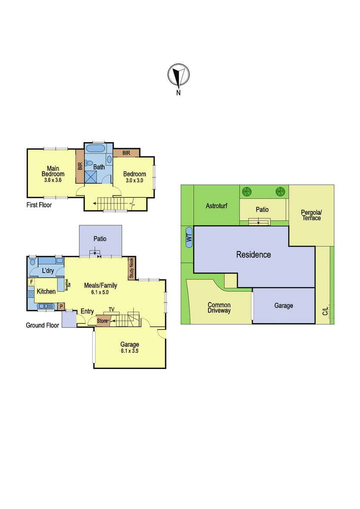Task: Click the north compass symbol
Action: [179, 75]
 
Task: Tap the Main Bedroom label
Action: [53, 171]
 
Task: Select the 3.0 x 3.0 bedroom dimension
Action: [135, 181]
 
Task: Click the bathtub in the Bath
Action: [96, 148]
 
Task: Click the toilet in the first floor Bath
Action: [88, 163]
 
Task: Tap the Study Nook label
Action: [132, 268]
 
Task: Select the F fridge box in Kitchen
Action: [31, 282]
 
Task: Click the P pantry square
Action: [61, 306]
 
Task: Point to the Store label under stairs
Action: [102, 321]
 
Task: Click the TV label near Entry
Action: [111, 310]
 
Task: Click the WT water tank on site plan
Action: [189, 238]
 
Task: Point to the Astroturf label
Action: [216, 206]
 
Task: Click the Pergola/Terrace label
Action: [311, 215]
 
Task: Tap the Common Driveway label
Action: [219, 308]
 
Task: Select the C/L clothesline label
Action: [325, 311]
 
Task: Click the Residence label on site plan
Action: [253, 255]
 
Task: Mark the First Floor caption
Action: [39, 205]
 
